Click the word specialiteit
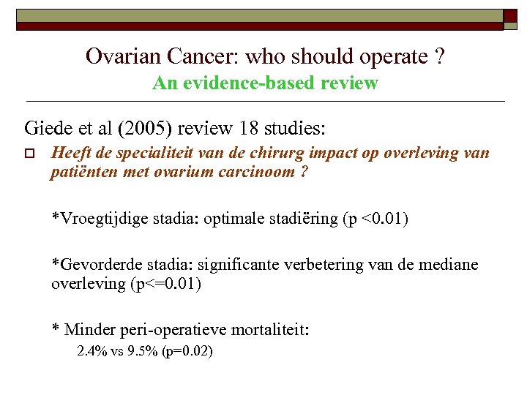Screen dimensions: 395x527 click(136, 154)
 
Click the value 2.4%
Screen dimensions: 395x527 click(91, 352)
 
